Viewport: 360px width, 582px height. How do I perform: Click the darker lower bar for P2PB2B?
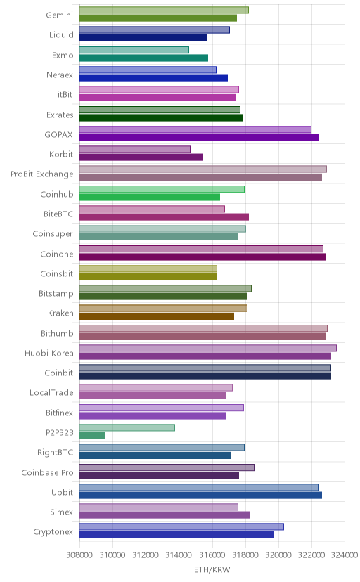(92, 435)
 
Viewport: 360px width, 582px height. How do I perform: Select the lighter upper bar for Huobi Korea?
(208, 348)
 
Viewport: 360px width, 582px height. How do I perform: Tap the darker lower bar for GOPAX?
(199, 137)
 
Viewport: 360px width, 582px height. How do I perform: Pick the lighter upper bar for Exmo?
(134, 50)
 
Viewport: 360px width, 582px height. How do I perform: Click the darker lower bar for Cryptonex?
(176, 534)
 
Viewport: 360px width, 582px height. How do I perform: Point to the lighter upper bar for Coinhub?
(162, 189)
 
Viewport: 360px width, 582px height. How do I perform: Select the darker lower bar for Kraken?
(157, 316)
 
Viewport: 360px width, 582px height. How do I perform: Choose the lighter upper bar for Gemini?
(164, 10)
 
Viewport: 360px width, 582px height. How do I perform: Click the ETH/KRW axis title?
(212, 569)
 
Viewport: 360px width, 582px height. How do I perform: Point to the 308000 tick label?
(79, 555)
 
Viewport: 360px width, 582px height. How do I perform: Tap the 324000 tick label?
(345, 555)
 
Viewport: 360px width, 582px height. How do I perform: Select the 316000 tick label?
(212, 555)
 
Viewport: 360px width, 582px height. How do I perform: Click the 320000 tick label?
(278, 555)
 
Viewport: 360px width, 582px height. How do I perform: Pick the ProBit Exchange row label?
(42, 174)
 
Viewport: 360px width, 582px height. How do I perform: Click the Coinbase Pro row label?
(48, 472)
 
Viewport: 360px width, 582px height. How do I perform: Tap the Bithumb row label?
(57, 333)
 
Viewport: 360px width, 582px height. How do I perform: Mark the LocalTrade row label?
(51, 393)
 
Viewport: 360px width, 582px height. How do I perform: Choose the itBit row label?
(65, 95)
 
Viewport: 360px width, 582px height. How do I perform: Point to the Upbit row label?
(63, 493)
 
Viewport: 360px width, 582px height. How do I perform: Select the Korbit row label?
(61, 155)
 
